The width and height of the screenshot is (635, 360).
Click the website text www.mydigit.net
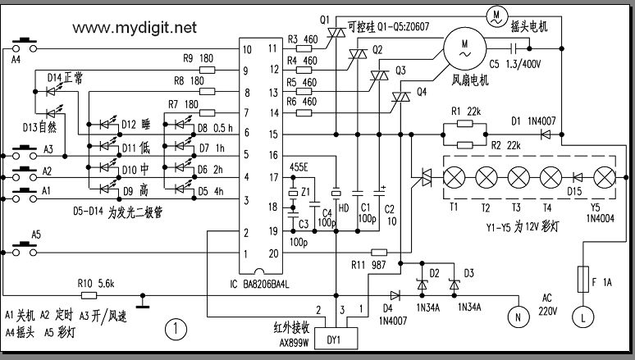(x=135, y=28)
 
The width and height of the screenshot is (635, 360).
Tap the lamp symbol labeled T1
(x=454, y=177)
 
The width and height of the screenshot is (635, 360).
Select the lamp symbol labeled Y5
(x=604, y=177)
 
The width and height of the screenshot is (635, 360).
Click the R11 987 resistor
(x=379, y=253)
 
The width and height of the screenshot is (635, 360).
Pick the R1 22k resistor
(x=464, y=125)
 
